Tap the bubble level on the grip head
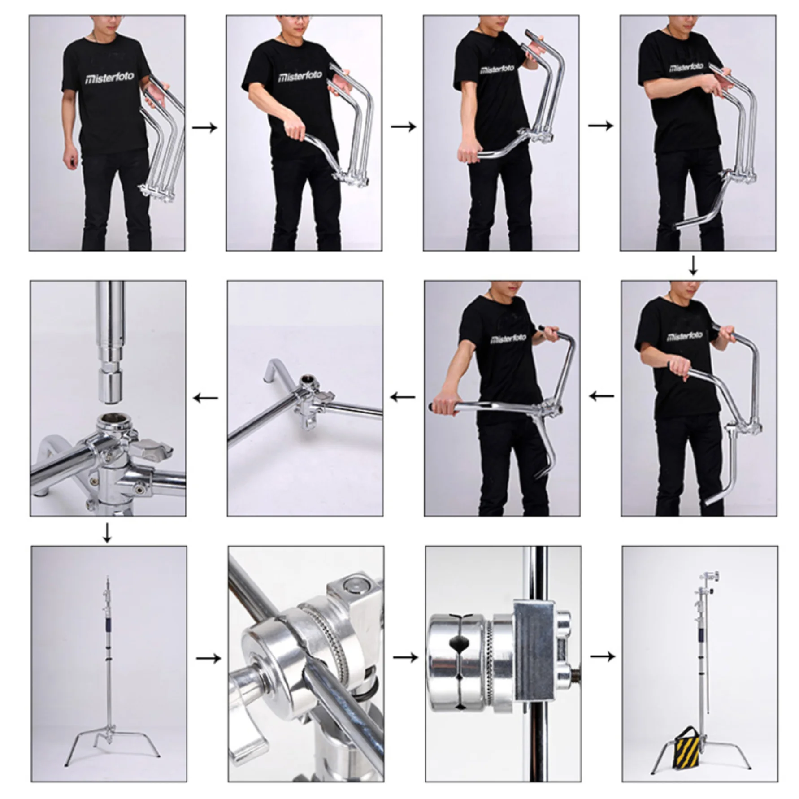350,585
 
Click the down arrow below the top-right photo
693,266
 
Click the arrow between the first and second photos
205,128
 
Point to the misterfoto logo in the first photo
109,78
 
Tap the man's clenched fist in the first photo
70,160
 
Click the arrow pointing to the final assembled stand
602,656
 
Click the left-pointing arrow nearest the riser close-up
205,398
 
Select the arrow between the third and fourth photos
600,126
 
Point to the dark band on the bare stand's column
108,624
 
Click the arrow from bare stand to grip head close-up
208,658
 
